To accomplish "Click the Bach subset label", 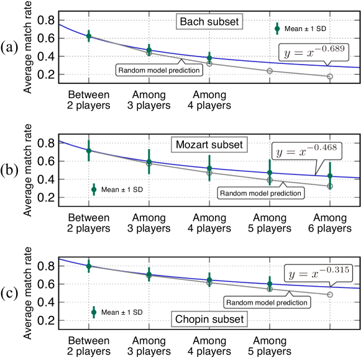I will coord(209,22).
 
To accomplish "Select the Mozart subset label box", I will coord(209,145).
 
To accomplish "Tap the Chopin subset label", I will coord(209,320).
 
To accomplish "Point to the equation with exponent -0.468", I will coord(306,151).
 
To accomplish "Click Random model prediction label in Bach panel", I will coord(159,70).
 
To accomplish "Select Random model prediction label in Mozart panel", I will coord(261,193).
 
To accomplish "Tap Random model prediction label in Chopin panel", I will coord(267,302).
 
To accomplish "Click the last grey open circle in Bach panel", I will coord(330,76).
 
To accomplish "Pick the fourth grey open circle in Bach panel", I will coord(270,71).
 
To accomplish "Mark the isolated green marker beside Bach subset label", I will coord(277,28).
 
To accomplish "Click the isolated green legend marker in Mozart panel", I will coord(94,189).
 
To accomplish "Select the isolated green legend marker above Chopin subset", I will coord(94,312).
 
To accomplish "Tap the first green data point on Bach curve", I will coord(88,35).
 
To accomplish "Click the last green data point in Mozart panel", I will coord(330,176).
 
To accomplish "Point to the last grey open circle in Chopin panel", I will coord(330,294).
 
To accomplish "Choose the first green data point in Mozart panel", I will coord(88,150).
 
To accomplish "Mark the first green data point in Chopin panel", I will coord(88,266).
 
